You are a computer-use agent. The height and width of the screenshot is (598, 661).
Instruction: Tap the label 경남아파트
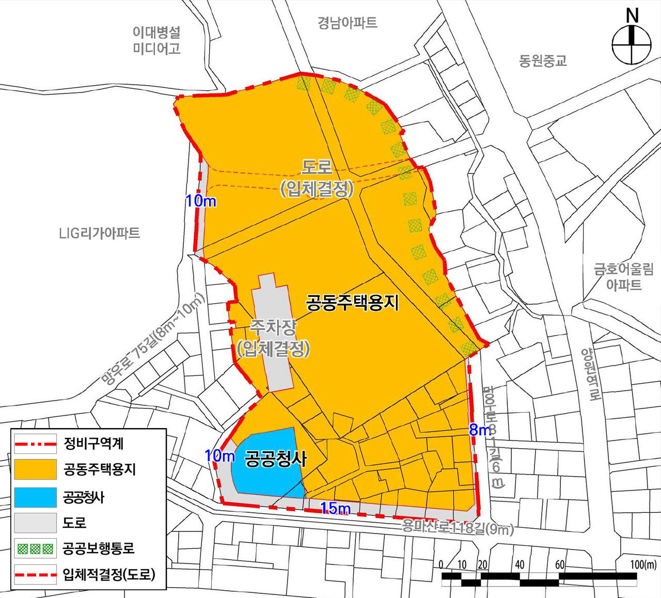tap(347, 23)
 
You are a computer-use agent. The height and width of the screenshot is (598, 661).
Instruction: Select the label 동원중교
tap(543, 61)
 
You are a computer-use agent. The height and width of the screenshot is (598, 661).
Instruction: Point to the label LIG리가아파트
tap(99, 233)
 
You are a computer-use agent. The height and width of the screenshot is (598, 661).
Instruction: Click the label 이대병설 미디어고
tap(156, 40)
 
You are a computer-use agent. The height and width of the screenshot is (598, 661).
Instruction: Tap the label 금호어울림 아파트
tap(624, 277)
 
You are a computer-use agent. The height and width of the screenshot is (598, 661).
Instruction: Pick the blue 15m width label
tap(335, 509)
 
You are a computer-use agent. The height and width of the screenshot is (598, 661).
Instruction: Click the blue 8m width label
tap(480, 430)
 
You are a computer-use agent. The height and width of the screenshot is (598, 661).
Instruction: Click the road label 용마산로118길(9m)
tap(458, 528)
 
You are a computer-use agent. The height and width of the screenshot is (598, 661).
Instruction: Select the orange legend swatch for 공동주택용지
tap(35, 469)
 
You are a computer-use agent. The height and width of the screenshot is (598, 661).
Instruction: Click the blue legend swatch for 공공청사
tap(35, 497)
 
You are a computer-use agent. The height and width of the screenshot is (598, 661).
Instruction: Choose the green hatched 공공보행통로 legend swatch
tap(35, 548)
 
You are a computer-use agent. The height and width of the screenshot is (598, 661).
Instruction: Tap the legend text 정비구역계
tap(93, 443)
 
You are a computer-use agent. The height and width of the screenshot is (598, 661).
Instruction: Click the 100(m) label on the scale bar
tap(643, 564)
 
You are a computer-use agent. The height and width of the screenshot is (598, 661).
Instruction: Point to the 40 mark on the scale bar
tap(520, 564)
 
